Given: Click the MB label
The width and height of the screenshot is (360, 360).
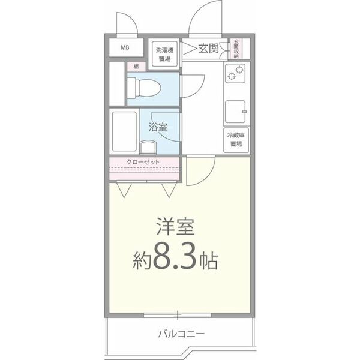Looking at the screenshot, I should (x=126, y=48).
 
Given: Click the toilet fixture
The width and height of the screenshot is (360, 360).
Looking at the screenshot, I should (x=144, y=88).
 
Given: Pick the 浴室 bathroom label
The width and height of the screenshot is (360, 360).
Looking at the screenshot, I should (x=158, y=127).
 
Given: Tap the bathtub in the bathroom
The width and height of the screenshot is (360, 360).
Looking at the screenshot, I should (x=124, y=131).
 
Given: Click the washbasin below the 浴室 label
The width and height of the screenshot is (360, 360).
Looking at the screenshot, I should (x=148, y=146).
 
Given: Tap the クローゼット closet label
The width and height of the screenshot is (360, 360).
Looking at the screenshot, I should (x=142, y=161).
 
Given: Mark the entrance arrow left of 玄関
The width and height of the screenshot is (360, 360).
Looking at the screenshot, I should (x=191, y=49).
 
